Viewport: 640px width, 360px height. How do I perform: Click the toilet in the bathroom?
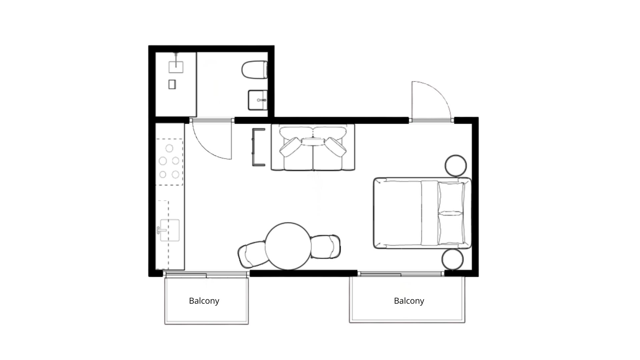click(x=254, y=69)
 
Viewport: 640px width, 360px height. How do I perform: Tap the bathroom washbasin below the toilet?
click(x=258, y=100)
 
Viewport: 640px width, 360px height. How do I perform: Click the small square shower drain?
click(x=172, y=84)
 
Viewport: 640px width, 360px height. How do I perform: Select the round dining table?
click(x=288, y=246)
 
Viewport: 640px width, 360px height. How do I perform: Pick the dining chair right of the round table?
click(x=325, y=247)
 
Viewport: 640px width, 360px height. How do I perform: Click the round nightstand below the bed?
click(x=453, y=259)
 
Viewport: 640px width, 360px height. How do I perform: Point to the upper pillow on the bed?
click(x=451, y=197)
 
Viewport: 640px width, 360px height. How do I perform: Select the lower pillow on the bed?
click(x=451, y=229)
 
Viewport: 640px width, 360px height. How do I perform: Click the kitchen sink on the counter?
click(x=170, y=230)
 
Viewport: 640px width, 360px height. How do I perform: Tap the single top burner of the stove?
click(x=169, y=148)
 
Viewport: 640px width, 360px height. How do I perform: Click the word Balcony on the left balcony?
click(x=204, y=301)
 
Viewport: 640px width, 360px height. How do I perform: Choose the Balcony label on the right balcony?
click(x=409, y=301)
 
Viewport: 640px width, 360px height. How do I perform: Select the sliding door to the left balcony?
click(x=206, y=274)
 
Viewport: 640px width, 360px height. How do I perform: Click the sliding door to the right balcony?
click(x=401, y=274)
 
